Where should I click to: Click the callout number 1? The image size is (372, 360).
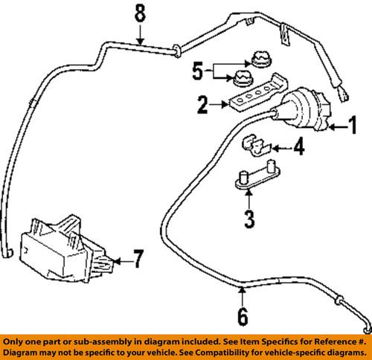coord(353,125)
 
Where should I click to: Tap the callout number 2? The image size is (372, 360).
coord(202,105)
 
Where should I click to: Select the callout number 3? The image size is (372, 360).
coord(249,219)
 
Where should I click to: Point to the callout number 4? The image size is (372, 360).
coord(299,147)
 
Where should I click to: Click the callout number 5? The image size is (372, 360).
coord(198,71)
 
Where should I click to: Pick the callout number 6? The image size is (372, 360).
coord(243,317)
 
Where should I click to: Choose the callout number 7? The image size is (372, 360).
coord(138,259)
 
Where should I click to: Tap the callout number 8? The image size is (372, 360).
coord(140,13)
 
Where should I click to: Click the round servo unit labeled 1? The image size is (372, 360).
coord(303,109)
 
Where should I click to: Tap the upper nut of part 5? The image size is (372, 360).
coord(261,60)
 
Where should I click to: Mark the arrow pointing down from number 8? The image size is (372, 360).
coord(140,35)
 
